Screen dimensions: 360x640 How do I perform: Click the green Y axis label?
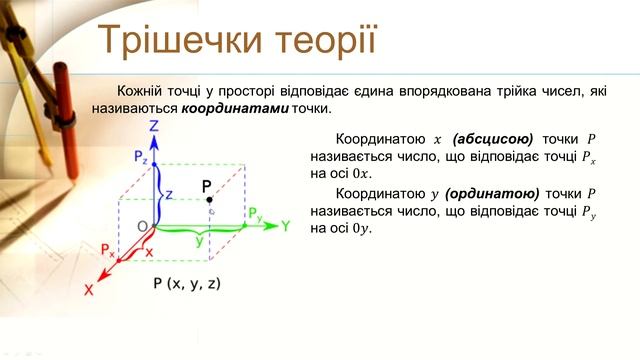285,226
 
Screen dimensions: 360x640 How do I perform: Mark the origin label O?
143,226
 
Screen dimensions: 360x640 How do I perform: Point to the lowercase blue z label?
168,192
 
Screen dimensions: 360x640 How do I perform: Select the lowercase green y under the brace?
199,243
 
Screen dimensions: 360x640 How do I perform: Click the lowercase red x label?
148,253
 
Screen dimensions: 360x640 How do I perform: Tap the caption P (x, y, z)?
187,284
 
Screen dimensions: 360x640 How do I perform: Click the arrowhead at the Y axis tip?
269,226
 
